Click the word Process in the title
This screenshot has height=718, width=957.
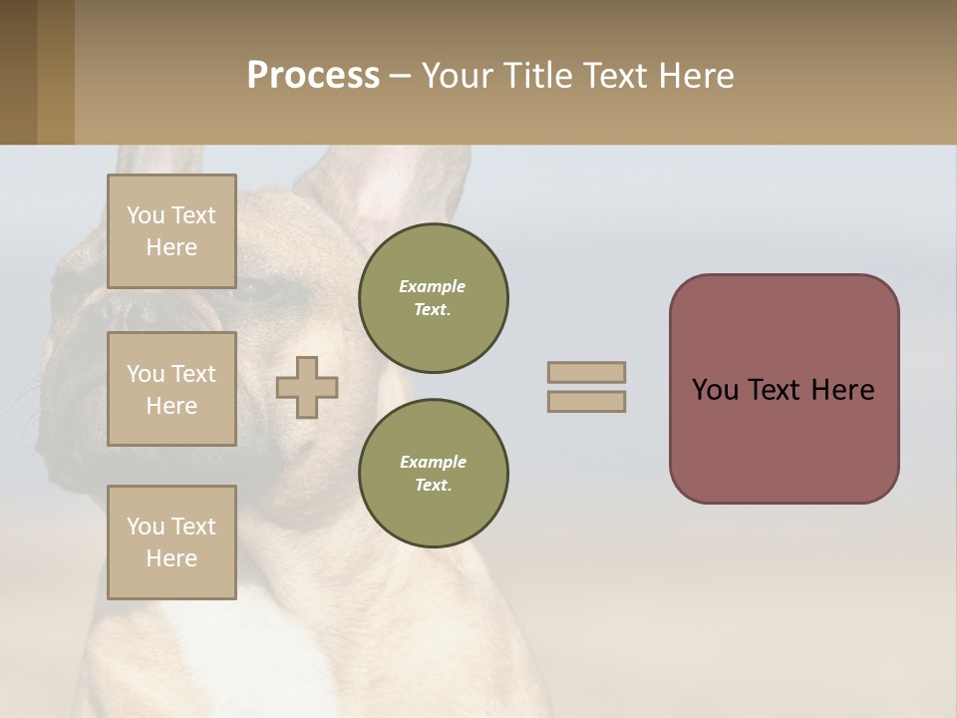click(x=313, y=76)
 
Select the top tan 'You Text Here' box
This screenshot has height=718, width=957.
click(x=171, y=231)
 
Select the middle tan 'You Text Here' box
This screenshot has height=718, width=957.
click(x=171, y=389)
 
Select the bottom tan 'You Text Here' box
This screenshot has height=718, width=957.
click(x=171, y=542)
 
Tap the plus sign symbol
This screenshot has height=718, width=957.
click(x=307, y=388)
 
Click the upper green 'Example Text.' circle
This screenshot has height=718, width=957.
click(x=433, y=298)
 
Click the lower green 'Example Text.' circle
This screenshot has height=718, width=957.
click(x=433, y=474)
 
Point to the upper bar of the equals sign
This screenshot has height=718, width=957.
click(x=586, y=372)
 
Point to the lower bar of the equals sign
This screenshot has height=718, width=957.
click(x=586, y=401)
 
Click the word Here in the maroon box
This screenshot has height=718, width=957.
click(x=842, y=390)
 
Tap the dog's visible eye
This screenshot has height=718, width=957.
click(x=261, y=291)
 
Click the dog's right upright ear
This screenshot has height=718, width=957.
click(x=399, y=189)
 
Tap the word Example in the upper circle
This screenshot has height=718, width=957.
click(x=433, y=286)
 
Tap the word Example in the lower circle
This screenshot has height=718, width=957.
click(x=433, y=462)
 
